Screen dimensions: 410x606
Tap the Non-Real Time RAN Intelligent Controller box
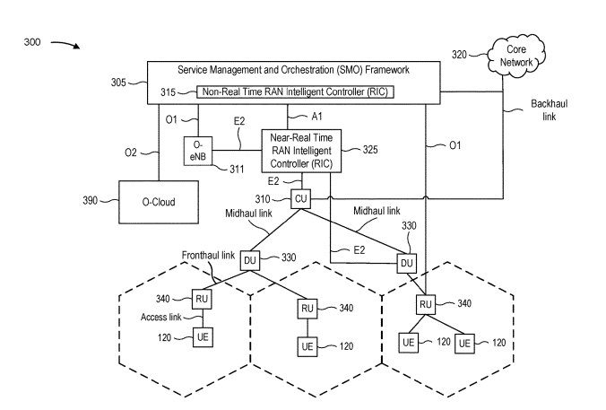[298, 92]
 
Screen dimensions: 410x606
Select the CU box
[301, 198]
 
